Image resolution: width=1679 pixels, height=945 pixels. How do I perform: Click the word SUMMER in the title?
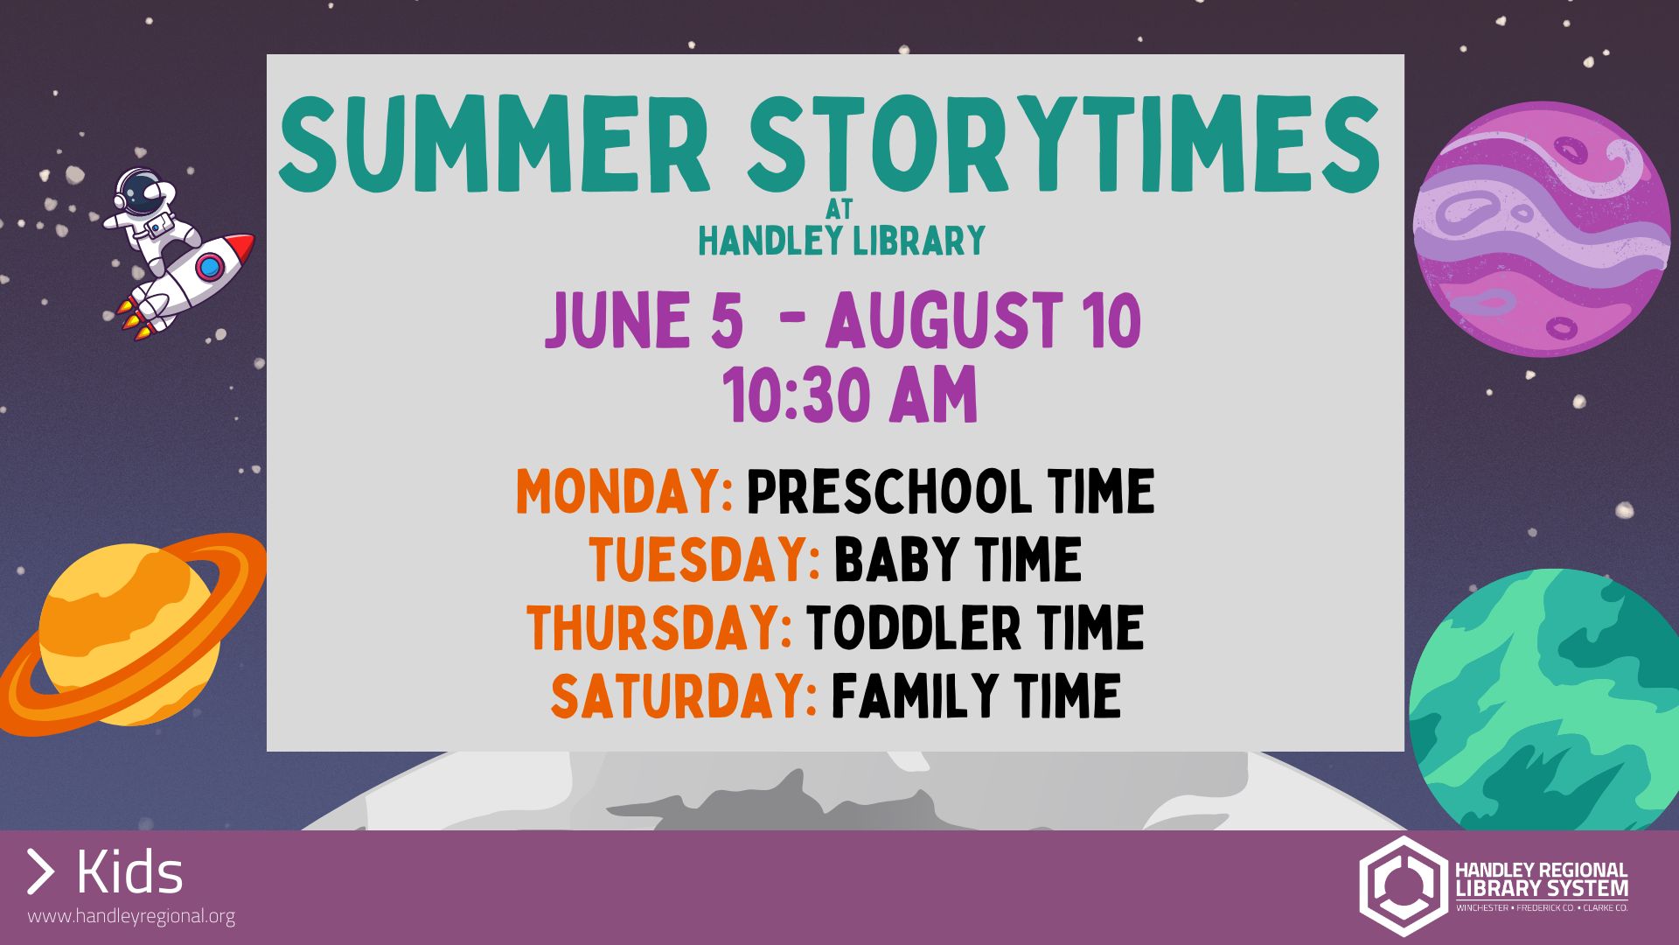(x=493, y=144)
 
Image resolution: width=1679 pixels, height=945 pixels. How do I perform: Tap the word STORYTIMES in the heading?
(x=1063, y=144)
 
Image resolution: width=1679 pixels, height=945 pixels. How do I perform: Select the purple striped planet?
(x=1542, y=228)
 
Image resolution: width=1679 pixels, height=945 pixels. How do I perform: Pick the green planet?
(x=1544, y=700)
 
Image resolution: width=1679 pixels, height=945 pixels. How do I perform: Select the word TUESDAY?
(x=704, y=560)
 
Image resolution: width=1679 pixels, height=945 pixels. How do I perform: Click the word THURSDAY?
(x=659, y=627)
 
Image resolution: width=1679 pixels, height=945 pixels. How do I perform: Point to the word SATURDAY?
(x=684, y=696)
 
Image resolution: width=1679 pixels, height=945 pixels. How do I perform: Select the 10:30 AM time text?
(x=849, y=395)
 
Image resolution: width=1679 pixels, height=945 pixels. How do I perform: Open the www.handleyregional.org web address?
(x=131, y=917)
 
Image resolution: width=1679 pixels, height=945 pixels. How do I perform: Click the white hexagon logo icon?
(x=1402, y=885)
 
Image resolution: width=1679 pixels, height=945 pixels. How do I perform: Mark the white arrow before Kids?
(x=40, y=871)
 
